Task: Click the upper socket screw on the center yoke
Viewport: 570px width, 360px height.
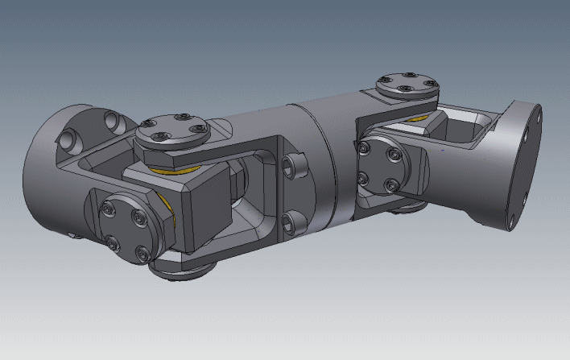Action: coord(295,167)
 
